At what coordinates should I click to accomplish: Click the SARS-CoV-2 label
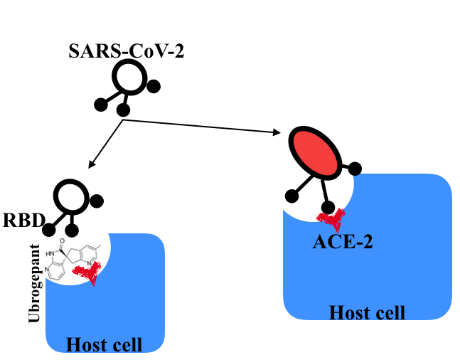126,51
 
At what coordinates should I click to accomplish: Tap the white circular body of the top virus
130,75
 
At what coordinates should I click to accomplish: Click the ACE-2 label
343,242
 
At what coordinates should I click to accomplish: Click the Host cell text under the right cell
367,312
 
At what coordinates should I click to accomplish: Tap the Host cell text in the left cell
104,345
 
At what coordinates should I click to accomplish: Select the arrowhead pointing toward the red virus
277,132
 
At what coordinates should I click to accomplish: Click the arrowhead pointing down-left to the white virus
90,165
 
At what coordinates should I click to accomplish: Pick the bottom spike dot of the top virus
123,110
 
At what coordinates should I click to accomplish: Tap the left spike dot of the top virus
101,105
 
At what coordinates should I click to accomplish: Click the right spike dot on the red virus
355,169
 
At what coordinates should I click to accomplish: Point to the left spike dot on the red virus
290,196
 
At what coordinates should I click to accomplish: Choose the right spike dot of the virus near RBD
97,201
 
